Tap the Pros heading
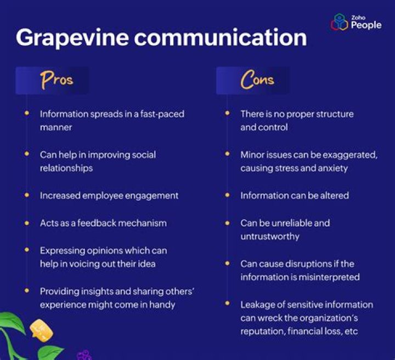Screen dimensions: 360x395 [57, 80]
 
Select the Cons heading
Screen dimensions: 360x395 [257, 80]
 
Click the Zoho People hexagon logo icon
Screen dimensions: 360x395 [340, 22]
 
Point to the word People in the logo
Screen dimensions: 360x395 [366, 25]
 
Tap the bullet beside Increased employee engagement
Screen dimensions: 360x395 [27, 195]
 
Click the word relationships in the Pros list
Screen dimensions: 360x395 [66, 168]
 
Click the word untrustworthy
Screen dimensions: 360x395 [270, 236]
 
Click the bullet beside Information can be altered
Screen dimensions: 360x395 [227, 195]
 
